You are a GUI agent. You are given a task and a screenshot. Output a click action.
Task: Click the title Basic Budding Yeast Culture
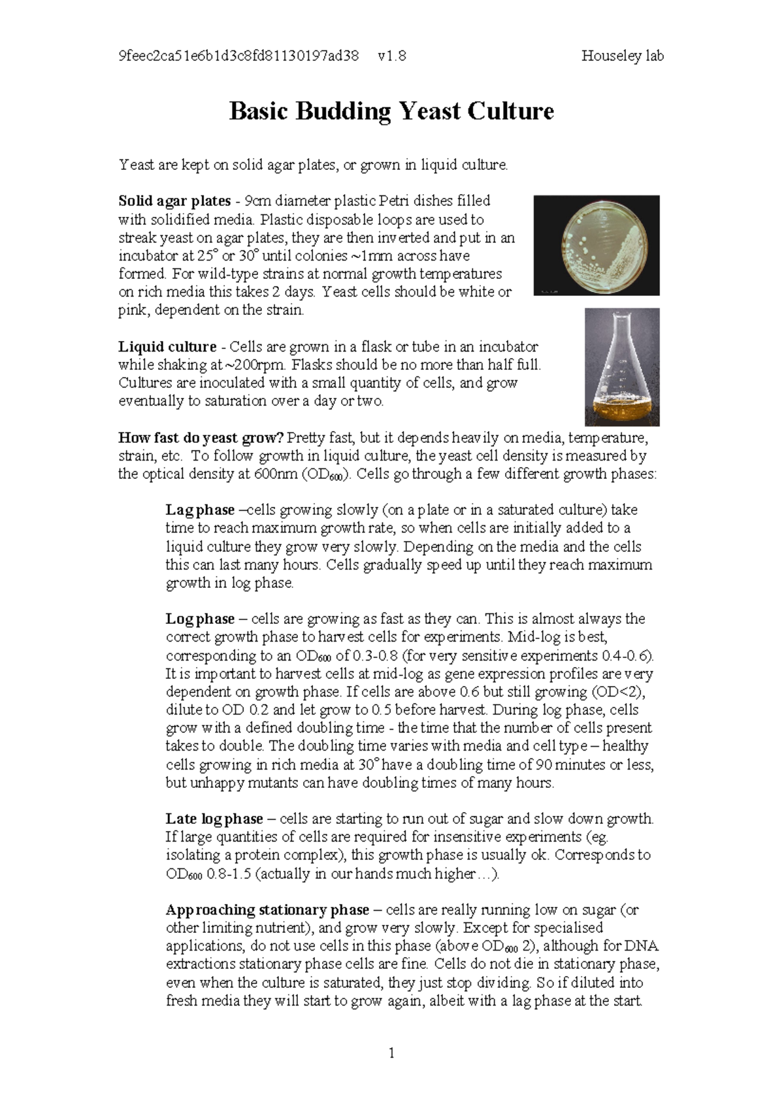coord(391,111)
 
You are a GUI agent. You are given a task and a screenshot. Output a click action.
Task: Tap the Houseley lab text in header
coord(622,56)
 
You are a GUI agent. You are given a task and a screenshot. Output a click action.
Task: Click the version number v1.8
coord(391,56)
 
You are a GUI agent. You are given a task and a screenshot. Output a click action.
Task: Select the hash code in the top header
coord(238,56)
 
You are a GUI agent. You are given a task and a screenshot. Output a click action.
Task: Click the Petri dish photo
coord(596,245)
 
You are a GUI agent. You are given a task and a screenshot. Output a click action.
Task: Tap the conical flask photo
coord(621,367)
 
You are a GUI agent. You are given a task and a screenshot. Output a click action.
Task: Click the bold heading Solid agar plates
coord(174,201)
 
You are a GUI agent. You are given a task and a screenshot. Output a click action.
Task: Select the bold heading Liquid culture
coord(167,346)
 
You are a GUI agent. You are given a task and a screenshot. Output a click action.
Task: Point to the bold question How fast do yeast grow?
coord(201,437)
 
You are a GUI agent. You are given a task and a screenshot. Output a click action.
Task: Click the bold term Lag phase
coord(200,510)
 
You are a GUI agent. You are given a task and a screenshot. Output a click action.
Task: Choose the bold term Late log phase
coord(214,819)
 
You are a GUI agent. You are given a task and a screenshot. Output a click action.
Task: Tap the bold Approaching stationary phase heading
coord(267,909)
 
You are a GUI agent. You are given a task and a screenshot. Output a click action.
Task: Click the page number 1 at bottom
coord(391,1052)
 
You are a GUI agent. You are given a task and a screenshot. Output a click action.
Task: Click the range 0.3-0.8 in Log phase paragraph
coord(376,655)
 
